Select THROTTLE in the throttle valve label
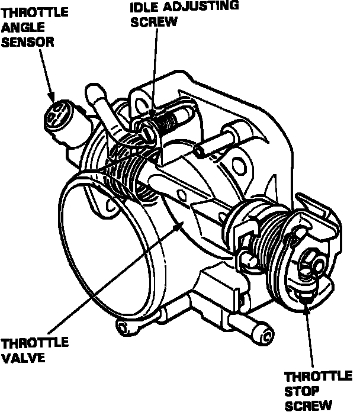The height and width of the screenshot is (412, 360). pos(34,343)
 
